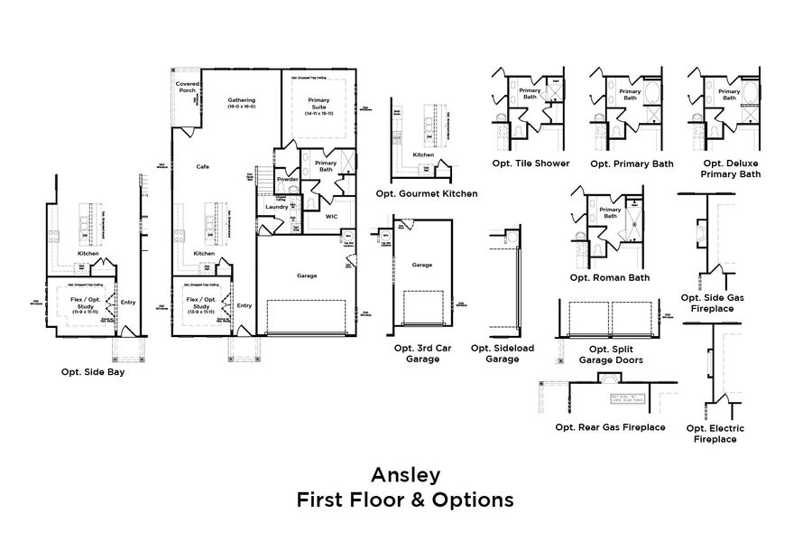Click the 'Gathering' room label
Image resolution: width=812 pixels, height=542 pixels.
tap(241, 100)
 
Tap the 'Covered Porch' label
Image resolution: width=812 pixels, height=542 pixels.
tap(188, 87)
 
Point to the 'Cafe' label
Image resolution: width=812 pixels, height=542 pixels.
tap(204, 166)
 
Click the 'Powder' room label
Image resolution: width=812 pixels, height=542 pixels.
tap(288, 179)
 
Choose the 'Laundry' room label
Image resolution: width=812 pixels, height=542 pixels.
tap(276, 207)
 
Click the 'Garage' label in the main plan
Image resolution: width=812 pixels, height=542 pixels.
tap(306, 276)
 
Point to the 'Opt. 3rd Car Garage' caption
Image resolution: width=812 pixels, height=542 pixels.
tap(416, 353)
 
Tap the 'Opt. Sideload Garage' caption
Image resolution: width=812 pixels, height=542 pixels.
tap(502, 353)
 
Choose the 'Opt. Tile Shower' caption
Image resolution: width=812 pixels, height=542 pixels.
tap(531, 164)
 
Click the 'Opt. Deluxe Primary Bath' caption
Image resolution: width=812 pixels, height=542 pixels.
tap(731, 169)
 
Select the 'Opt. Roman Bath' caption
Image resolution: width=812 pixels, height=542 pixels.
tap(609, 277)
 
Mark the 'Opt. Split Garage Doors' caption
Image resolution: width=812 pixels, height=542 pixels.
tap(611, 354)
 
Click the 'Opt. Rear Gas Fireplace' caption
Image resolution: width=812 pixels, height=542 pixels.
tap(611, 427)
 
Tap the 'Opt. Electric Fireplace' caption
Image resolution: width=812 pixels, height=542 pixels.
tap(715, 434)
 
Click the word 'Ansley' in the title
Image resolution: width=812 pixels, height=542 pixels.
tap(405, 474)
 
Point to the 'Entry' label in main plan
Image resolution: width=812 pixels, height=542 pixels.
tap(245, 305)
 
